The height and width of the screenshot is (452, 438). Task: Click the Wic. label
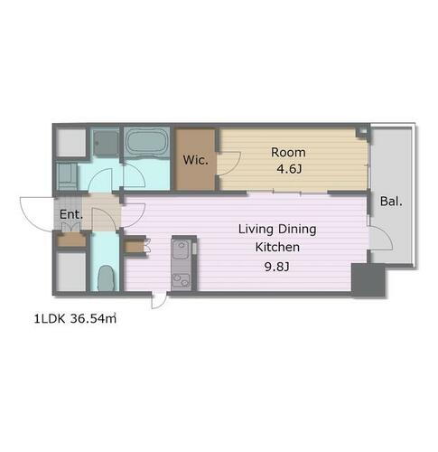196,160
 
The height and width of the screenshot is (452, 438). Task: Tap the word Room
288,153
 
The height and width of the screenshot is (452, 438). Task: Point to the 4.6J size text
289,169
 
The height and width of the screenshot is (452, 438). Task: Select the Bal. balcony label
391,201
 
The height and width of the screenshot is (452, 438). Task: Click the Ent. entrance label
71,214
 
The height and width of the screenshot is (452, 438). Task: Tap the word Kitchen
277,247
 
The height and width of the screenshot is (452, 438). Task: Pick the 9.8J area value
277,267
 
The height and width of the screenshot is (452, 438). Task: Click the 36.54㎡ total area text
93,318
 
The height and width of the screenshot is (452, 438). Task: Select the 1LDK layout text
50,319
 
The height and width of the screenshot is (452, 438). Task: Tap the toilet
106,278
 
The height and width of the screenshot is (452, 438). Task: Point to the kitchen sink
181,249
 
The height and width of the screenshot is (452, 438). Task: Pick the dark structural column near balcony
368,279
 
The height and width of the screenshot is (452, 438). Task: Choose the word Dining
296,230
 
